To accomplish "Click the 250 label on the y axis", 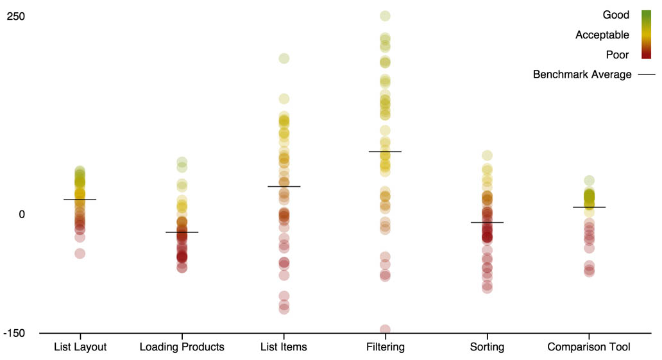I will (16, 16).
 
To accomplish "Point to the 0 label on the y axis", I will (21, 214).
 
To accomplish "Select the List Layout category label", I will (80, 347).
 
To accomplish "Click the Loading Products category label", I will (182, 347).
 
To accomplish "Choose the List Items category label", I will (284, 347).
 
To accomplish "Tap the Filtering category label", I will (386, 347).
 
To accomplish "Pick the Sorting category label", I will (487, 347).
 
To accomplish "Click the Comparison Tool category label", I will (589, 347).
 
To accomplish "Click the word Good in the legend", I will (616, 15).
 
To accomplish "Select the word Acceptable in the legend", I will (602, 35).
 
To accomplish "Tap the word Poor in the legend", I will (617, 55).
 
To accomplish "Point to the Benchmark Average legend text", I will (582, 74).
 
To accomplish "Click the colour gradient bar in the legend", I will (646, 35).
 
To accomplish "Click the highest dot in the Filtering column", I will (385, 16).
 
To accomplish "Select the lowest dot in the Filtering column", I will (385, 330).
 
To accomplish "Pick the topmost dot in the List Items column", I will (284, 58).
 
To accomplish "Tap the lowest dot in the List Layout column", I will (80, 253).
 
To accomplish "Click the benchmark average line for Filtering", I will (385, 151).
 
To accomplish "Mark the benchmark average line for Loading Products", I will (182, 232).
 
